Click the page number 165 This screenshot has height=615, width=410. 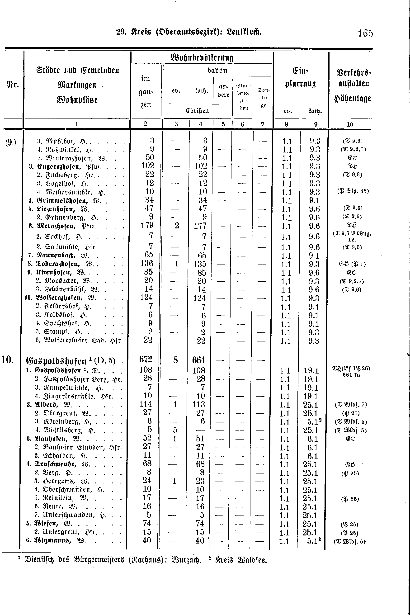tap(365, 33)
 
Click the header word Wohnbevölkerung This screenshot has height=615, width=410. tap(202, 57)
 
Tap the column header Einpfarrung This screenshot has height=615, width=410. tap(300, 77)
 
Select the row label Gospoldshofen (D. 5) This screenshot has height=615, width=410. tap(71, 361)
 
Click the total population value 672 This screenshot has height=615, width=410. tap(146, 360)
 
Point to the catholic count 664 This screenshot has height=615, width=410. tap(199, 360)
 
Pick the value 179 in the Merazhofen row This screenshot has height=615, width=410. tap(147, 225)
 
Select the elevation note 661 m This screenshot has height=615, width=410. tap(351, 375)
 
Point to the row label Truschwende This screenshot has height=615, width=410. tap(55, 464)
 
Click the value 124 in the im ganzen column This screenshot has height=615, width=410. tap(146, 297)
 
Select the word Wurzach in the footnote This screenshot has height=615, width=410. tap(186, 560)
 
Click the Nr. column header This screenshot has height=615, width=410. tap(12, 85)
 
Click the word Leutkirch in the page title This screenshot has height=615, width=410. tap(244, 32)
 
